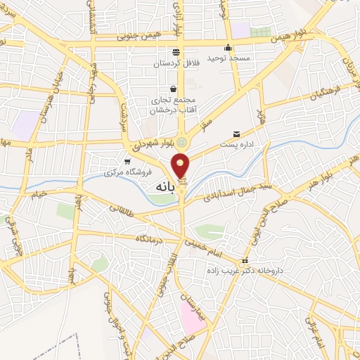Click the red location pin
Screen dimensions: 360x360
click(181, 165)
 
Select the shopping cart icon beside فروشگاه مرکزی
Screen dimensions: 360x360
click(127, 162)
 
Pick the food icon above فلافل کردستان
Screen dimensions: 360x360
click(176, 52)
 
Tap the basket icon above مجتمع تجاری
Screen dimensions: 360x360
click(173, 89)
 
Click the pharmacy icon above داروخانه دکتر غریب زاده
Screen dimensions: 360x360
click(245, 261)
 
